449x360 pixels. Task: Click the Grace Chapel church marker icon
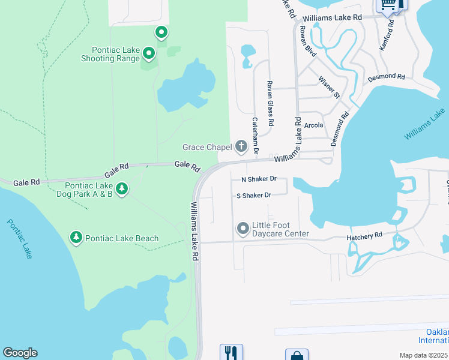pyautogui.click(x=241, y=146)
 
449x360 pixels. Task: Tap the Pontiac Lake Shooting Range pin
pyautogui.click(x=149, y=55)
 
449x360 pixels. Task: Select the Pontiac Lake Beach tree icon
pyautogui.click(x=76, y=238)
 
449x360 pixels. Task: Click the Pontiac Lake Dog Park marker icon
pyautogui.click(x=122, y=190)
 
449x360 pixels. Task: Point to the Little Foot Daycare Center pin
pyautogui.click(x=243, y=229)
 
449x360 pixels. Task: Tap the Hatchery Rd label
pyautogui.click(x=364, y=238)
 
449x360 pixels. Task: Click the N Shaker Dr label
pyautogui.click(x=259, y=179)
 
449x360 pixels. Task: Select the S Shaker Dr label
pyautogui.click(x=254, y=195)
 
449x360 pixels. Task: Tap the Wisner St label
pyautogui.click(x=329, y=87)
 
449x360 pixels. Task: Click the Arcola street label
pyautogui.click(x=313, y=125)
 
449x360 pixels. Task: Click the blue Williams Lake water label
pyautogui.click(x=424, y=125)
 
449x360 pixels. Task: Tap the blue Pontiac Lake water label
pyautogui.click(x=20, y=238)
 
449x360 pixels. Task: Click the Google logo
pyautogui.click(x=20, y=353)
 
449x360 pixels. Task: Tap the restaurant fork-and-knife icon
pyautogui.click(x=231, y=352)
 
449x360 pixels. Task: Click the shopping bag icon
pyautogui.click(x=297, y=355)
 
